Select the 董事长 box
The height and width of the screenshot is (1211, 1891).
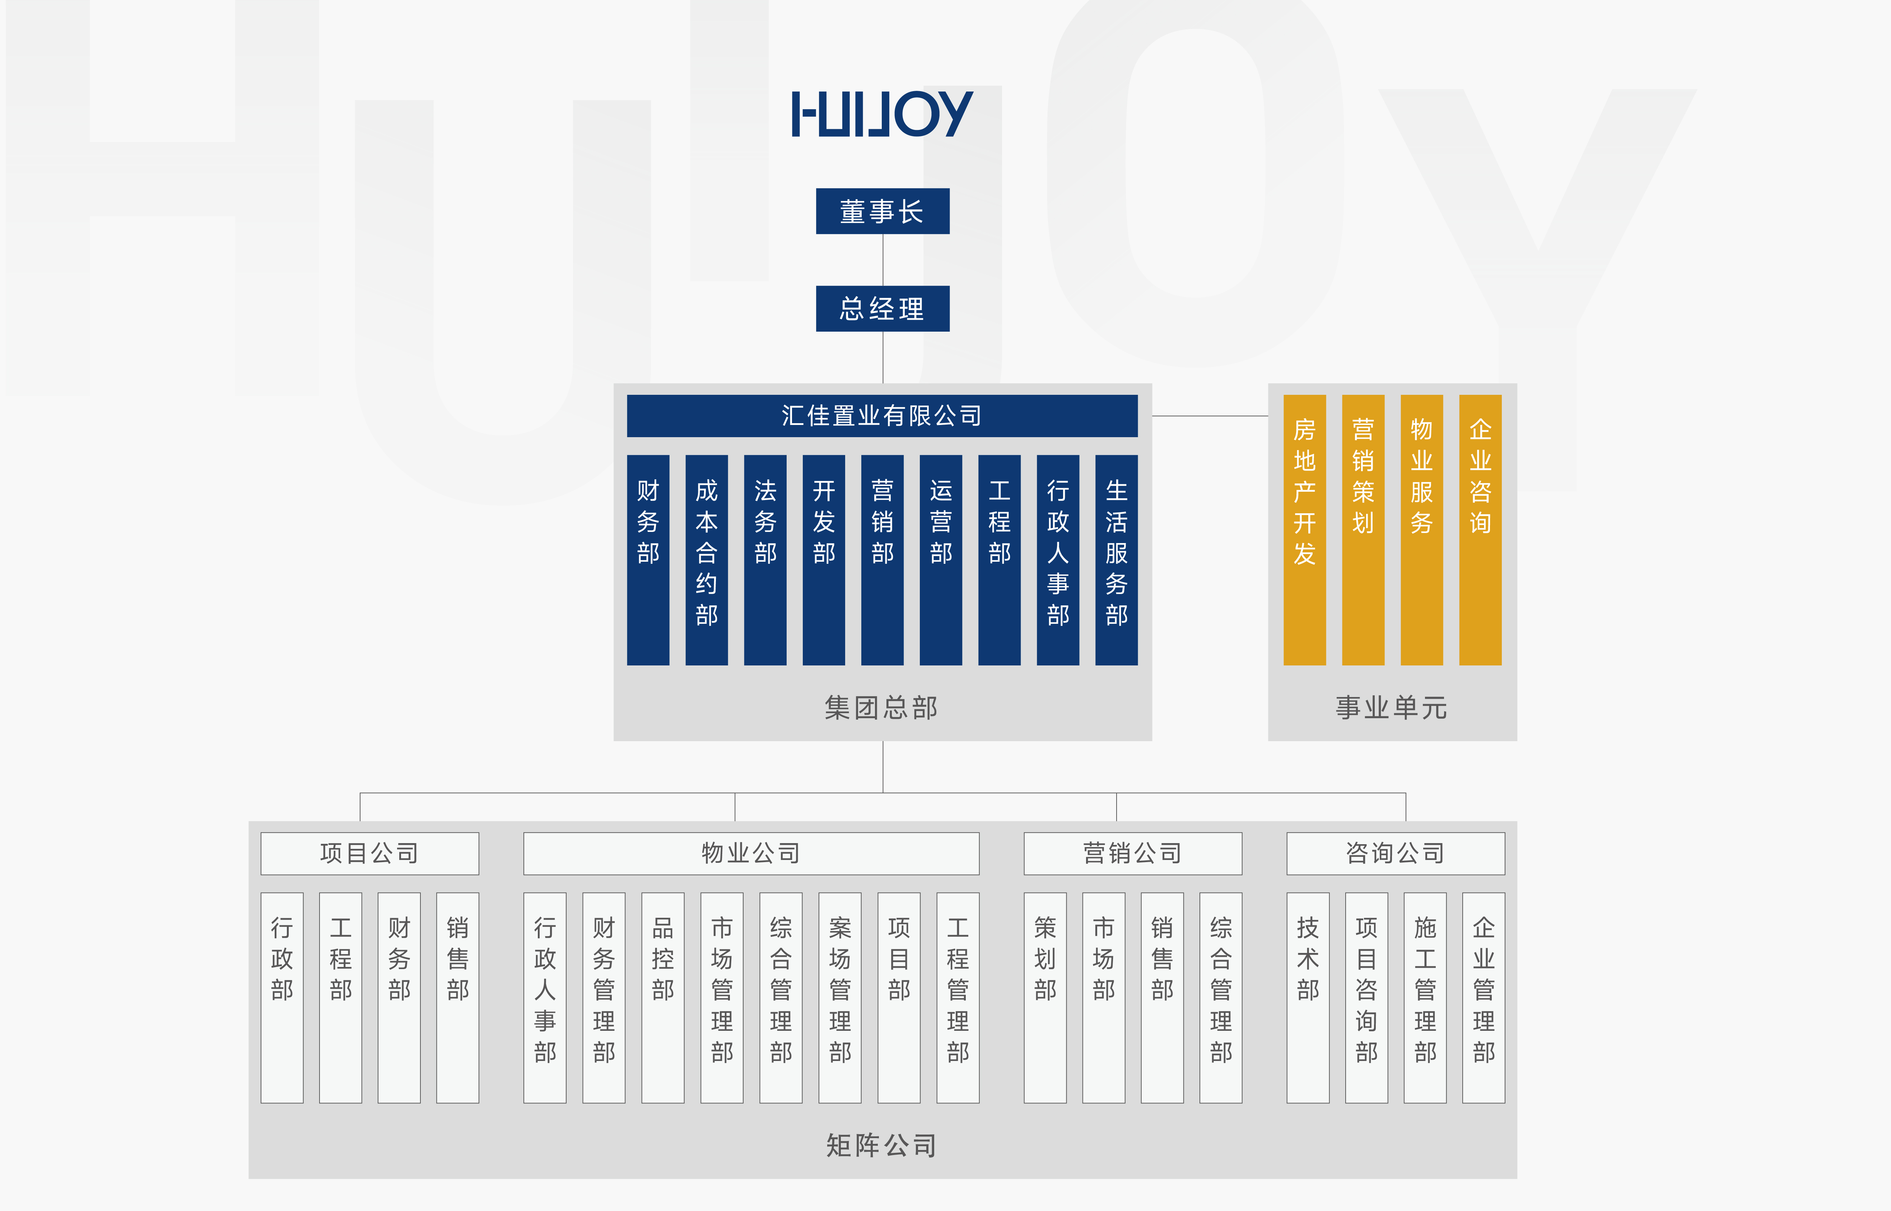[882, 211]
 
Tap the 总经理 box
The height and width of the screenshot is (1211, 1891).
[882, 308]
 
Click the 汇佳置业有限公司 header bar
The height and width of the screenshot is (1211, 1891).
[882, 415]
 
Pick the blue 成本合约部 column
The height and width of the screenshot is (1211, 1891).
[706, 560]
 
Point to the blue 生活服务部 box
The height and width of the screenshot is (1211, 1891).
[1116, 560]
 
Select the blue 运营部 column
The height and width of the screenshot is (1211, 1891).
[941, 560]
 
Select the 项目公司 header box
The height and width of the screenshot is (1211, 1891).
[370, 853]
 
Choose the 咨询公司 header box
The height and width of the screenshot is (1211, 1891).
[1396, 853]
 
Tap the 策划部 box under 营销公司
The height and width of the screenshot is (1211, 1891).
[1045, 997]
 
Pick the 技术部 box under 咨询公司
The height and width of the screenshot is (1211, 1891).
[1307, 997]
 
